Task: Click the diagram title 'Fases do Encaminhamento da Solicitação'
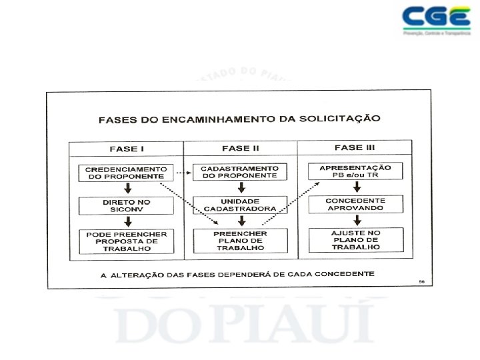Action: pyautogui.click(x=239, y=119)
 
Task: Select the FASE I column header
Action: pyautogui.click(x=126, y=149)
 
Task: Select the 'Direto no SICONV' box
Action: pyautogui.click(x=126, y=205)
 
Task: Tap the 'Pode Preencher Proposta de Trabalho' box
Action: pyautogui.click(x=126, y=241)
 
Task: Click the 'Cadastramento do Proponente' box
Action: pyautogui.click(x=239, y=172)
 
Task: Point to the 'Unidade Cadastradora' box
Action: pyautogui.click(x=240, y=205)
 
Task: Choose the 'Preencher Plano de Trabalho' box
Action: pyautogui.click(x=240, y=241)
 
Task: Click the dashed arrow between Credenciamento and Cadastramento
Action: pyautogui.click(x=183, y=173)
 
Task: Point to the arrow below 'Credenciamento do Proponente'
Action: pyautogui.click(x=126, y=189)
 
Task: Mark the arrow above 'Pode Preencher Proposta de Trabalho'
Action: pyautogui.click(x=126, y=222)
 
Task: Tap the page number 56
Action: pyautogui.click(x=421, y=282)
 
